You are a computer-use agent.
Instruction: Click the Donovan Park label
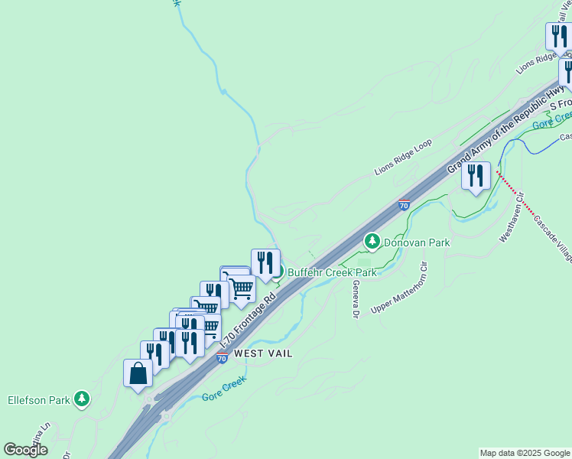click(416, 242)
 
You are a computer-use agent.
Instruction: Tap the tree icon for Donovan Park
click(372, 242)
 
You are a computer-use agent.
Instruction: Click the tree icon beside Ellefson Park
click(82, 399)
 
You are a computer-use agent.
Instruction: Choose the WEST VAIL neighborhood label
click(265, 353)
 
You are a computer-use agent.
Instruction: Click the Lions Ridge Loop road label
click(403, 156)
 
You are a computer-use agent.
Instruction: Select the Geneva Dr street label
click(356, 298)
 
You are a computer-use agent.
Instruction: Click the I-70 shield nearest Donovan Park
click(404, 205)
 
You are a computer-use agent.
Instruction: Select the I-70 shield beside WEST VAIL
click(222, 357)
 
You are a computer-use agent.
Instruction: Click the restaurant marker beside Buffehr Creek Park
click(265, 263)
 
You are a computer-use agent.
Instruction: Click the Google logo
click(25, 450)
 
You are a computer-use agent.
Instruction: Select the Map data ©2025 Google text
click(525, 453)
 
